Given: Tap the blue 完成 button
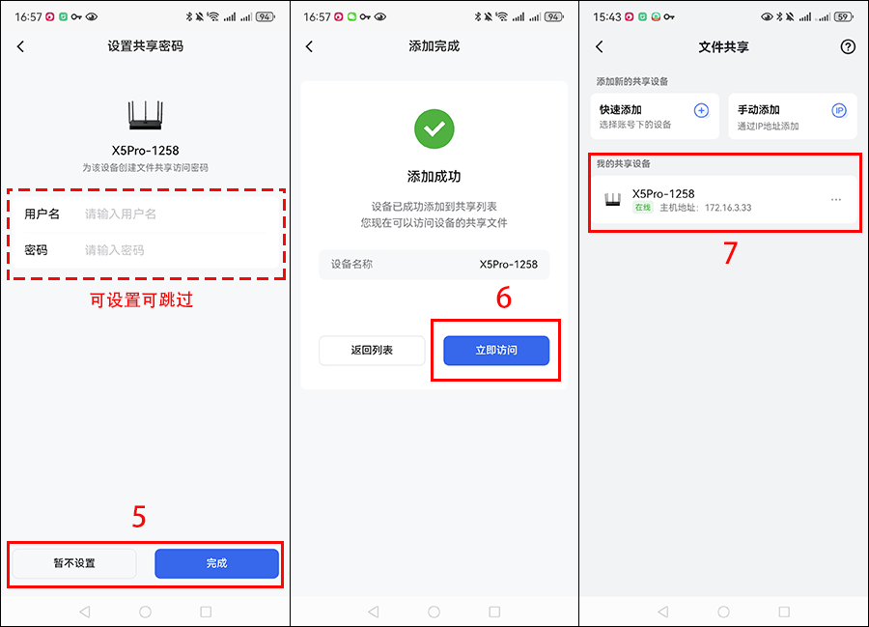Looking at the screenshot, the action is [x=216, y=563].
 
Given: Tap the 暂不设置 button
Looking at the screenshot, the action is [x=74, y=563].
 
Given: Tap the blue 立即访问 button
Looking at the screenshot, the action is [x=496, y=351].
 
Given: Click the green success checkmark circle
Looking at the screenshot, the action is [x=434, y=128].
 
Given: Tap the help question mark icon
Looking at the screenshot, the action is [x=848, y=46].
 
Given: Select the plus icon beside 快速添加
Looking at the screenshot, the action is [x=701, y=110].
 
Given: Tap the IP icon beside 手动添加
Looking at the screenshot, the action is [x=839, y=110].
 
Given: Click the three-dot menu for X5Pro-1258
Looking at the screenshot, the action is [x=836, y=200].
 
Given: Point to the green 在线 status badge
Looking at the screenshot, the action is [x=642, y=208].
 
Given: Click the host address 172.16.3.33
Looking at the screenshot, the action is [x=728, y=208].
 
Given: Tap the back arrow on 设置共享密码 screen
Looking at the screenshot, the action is [x=20, y=46].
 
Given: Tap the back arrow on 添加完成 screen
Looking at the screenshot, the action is [x=309, y=46].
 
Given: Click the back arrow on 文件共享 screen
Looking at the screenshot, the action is [x=599, y=46].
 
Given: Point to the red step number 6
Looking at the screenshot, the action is [x=503, y=298].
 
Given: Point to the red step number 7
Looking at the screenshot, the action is [x=731, y=253].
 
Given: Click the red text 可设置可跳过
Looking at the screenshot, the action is [x=141, y=299].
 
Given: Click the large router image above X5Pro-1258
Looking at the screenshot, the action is [x=145, y=115].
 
